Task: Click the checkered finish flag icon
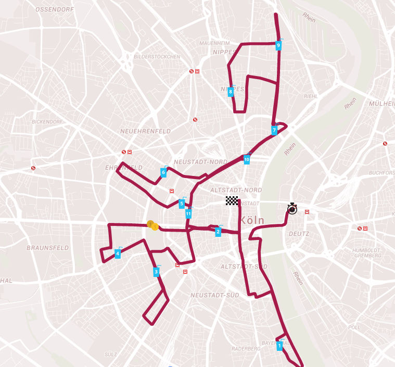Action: click(x=232, y=201)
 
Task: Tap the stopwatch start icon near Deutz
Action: click(x=292, y=209)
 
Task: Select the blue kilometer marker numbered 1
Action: click(x=279, y=345)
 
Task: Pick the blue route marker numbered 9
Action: click(x=278, y=45)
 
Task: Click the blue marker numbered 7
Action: click(x=274, y=130)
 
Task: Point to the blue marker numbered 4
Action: click(x=118, y=254)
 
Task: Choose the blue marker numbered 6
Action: click(x=163, y=172)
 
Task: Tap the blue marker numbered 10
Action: click(x=247, y=159)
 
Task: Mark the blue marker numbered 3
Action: click(x=156, y=271)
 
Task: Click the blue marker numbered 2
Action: click(x=218, y=232)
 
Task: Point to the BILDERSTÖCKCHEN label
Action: click(x=157, y=57)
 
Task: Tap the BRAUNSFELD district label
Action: click(x=47, y=248)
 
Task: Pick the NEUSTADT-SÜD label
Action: click(x=215, y=295)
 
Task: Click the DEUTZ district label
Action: click(x=299, y=234)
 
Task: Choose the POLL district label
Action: click(x=354, y=327)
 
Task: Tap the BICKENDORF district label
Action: click(x=47, y=122)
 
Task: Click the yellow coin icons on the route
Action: click(x=152, y=225)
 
